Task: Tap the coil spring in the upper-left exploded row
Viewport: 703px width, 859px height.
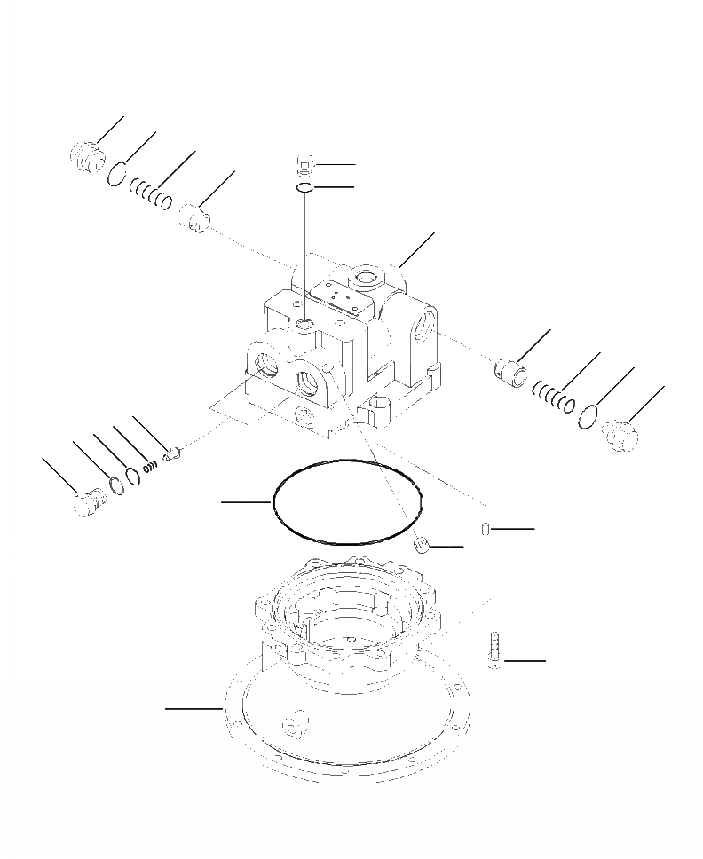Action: (x=151, y=194)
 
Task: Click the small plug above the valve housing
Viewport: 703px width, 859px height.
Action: (x=303, y=165)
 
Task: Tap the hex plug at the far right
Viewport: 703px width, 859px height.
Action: (x=620, y=436)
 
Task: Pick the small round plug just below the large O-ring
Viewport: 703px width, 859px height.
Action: (x=423, y=545)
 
